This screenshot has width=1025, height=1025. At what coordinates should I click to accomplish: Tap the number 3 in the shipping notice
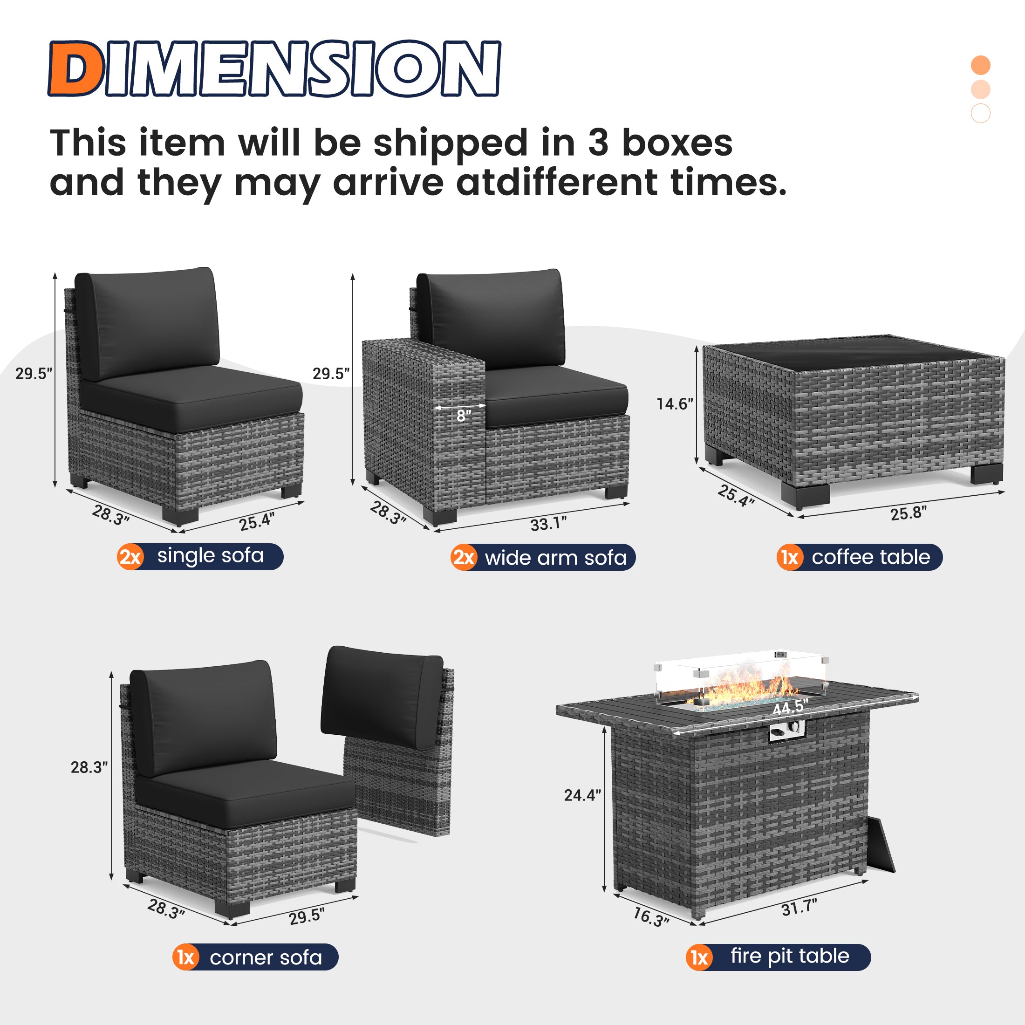(598, 143)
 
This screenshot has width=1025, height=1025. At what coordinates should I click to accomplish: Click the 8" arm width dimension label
(464, 417)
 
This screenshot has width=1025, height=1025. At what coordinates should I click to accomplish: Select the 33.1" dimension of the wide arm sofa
(548, 524)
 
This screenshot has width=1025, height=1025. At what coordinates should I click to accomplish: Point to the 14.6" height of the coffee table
(674, 404)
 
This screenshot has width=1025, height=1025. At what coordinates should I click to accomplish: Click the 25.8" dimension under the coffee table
(908, 513)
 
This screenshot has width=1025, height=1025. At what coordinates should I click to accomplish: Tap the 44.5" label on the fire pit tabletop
(790, 707)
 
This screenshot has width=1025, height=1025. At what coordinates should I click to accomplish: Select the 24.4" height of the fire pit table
(582, 795)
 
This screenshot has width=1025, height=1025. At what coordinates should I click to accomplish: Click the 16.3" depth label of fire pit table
(651, 917)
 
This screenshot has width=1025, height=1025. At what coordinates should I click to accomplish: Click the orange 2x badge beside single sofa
(130, 557)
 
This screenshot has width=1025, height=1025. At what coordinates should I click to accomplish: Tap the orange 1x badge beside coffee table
(789, 558)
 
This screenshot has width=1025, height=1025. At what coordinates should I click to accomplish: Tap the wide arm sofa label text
(555, 558)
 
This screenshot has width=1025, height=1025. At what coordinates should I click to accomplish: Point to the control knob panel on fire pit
(786, 732)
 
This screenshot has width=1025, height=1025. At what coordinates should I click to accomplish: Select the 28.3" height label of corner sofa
(89, 768)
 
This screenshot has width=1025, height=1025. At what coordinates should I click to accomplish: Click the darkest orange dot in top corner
(980, 65)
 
